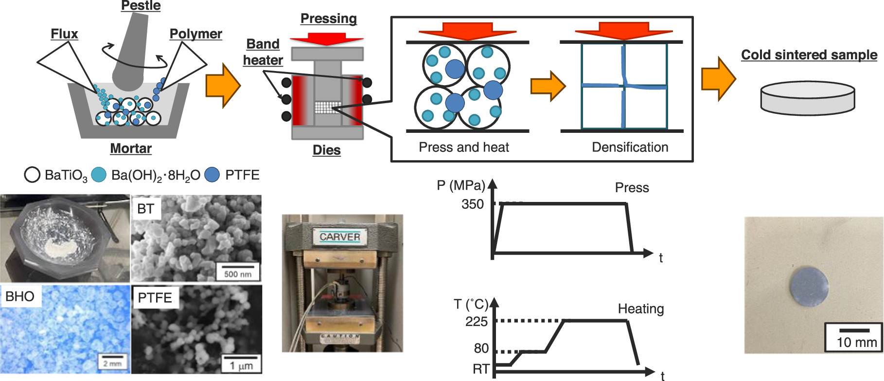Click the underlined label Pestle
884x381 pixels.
point(141,6)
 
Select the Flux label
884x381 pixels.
point(64,34)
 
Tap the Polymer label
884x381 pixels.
point(195,34)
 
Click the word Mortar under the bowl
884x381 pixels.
point(131,148)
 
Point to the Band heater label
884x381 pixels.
point(263,52)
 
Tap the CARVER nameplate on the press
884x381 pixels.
point(340,236)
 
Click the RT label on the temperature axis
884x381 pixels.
point(481,369)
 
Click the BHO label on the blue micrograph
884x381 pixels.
point(20,296)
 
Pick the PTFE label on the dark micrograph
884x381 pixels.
point(155,297)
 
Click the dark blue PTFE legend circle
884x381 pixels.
point(212,175)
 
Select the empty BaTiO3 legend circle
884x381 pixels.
point(32,175)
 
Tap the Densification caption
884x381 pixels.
point(630,147)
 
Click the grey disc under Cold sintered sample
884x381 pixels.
point(807,98)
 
